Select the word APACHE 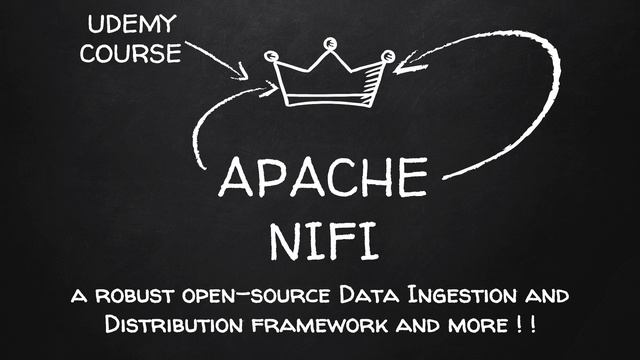point(321,177)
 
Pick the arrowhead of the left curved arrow point(268,90)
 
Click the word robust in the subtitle point(134,297)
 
